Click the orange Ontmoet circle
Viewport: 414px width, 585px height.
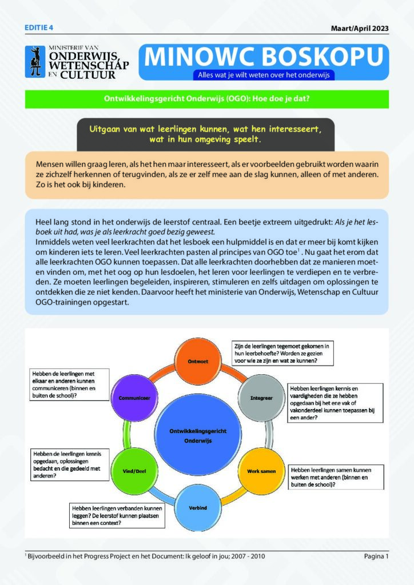tap(198, 361)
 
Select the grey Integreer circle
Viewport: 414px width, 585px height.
tap(261, 398)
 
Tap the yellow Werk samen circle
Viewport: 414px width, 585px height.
tap(261, 471)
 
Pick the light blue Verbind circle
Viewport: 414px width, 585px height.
tap(198, 507)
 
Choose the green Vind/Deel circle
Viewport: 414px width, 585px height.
tap(134, 471)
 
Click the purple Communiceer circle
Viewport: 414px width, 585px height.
tap(134, 398)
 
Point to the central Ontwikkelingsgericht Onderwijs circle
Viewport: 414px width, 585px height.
tap(198, 435)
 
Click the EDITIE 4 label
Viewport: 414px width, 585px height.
tap(39, 27)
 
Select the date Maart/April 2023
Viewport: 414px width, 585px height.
tap(360, 29)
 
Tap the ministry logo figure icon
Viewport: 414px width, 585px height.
tap(35, 62)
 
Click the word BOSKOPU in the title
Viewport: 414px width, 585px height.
tap(323, 57)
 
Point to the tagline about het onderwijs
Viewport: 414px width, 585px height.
tap(264, 75)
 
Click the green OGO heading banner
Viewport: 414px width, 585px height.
tap(207, 99)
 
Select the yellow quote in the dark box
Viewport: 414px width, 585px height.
tap(205, 134)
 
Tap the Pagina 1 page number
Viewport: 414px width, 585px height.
tap(376, 556)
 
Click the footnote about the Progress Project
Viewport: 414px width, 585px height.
tap(145, 556)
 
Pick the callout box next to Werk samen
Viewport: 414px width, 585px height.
tap(336, 477)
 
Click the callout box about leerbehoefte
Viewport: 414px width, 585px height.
tap(282, 353)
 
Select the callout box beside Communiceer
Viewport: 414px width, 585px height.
tap(69, 384)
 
